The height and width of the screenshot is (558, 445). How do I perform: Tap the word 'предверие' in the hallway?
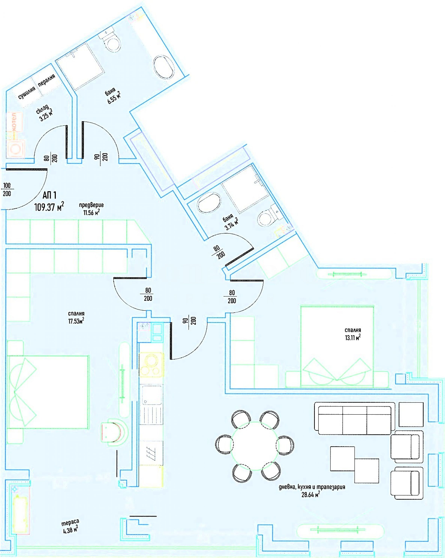[91, 205]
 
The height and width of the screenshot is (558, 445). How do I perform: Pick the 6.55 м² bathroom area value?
[114, 97]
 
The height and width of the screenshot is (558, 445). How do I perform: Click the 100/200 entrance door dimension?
[7, 190]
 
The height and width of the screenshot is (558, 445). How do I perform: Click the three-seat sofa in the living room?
[355, 418]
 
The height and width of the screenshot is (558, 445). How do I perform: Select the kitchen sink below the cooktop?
[152, 395]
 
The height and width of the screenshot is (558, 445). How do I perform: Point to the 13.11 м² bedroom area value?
[353, 338]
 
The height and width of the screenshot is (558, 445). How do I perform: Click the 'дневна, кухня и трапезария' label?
[312, 487]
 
